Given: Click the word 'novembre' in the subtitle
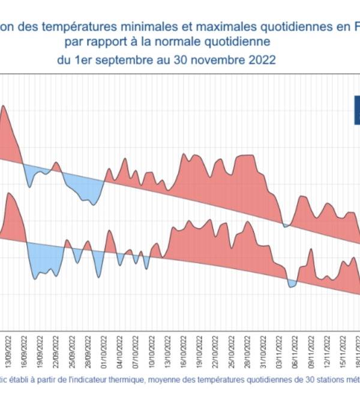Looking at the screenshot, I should pos(219,61).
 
